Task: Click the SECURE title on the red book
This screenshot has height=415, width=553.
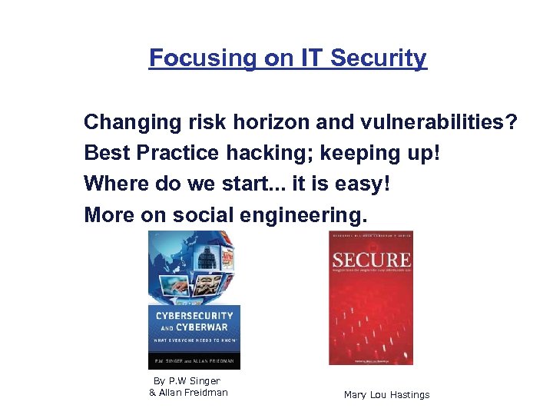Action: click(370, 260)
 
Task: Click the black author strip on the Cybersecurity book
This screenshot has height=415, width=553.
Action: click(194, 359)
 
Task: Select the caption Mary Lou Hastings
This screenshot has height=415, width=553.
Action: click(386, 395)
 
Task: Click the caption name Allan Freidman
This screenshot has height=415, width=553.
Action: click(188, 393)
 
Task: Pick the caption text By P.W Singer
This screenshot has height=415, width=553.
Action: click(187, 381)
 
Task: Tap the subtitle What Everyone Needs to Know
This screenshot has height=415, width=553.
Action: click(194, 340)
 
